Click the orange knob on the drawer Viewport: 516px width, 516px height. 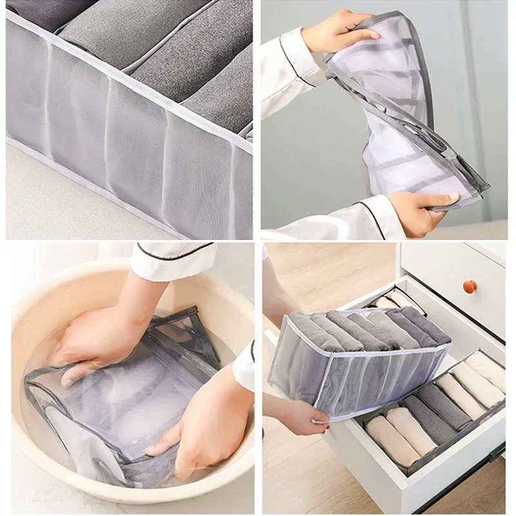[x=470, y=285]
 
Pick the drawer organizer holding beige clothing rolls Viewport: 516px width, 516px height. [x=435, y=406]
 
